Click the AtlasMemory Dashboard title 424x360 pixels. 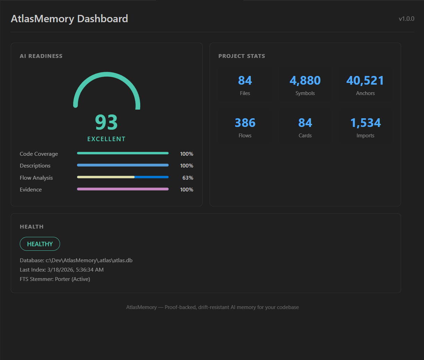point(69,19)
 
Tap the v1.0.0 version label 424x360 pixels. point(406,19)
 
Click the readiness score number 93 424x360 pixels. point(107,122)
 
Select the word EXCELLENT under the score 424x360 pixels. point(107,139)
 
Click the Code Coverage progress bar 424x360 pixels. point(122,153)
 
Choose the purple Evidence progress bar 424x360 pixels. point(122,189)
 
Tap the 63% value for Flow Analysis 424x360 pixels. point(188,178)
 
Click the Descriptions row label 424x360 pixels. point(35,166)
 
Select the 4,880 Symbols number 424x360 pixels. point(305,80)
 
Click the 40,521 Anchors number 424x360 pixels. point(365,80)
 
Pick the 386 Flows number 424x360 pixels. point(245,123)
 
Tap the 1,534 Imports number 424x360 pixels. point(365,123)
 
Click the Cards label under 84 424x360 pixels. point(305,136)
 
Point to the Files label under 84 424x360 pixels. point(245,93)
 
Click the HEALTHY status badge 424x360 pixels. point(40,244)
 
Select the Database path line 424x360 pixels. point(76,260)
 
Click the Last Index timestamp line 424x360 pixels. point(62,270)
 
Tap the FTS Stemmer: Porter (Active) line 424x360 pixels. point(55,279)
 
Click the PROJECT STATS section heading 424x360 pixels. point(241,56)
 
